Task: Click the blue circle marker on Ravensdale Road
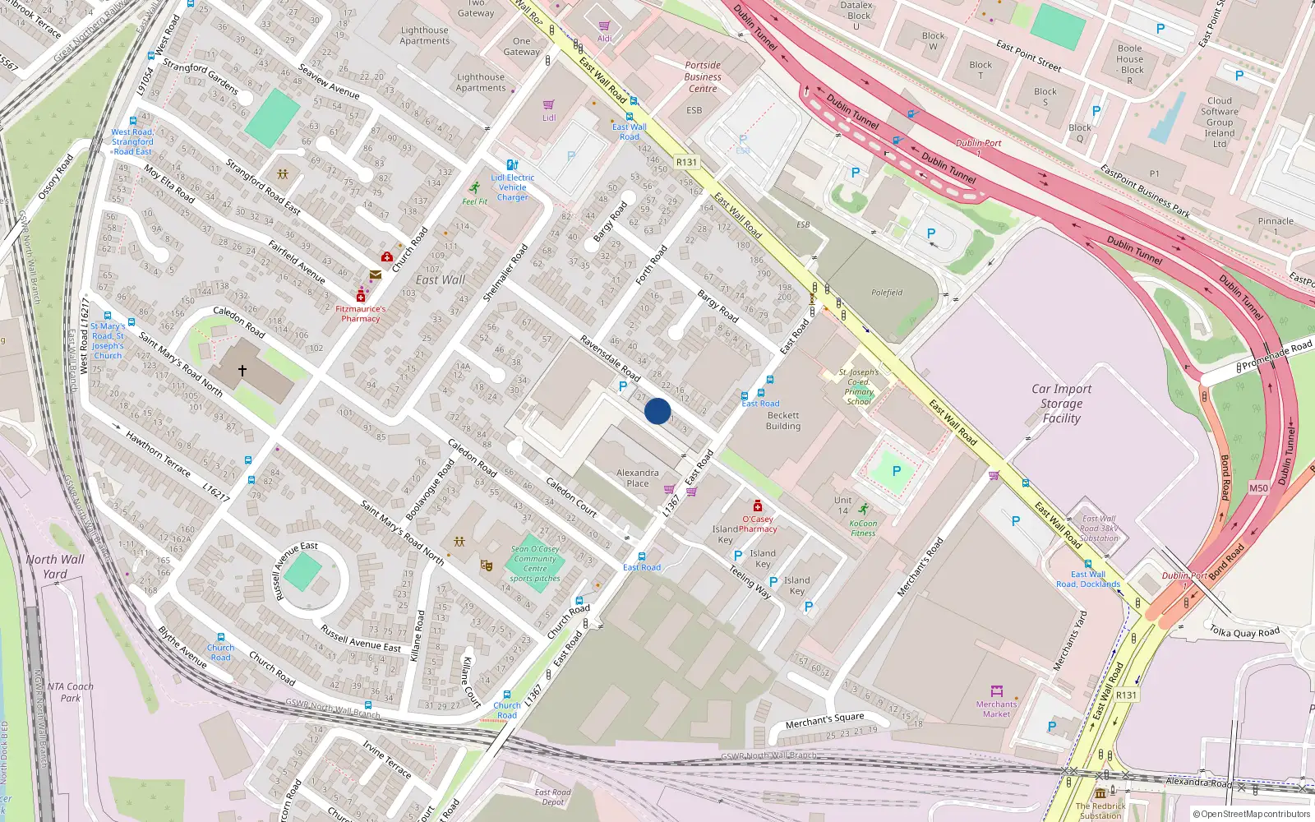657,411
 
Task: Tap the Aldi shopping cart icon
605,26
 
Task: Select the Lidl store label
549,118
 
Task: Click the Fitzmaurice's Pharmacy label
361,314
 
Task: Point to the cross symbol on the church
242,371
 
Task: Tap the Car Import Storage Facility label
1061,404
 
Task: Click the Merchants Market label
996,709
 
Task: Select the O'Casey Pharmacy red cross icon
758,506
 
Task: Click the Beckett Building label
783,421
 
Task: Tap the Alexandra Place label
638,478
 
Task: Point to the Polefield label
887,293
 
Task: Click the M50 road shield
1258,488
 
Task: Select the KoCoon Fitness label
863,528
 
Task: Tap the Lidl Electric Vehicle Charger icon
513,165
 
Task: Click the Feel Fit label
474,201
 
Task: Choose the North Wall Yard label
54,566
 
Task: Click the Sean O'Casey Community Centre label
535,564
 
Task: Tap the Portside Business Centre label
703,77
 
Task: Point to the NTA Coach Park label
70,692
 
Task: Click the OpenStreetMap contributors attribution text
1254,814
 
